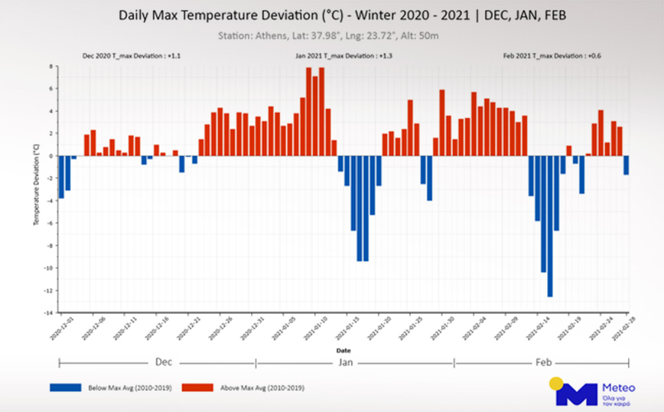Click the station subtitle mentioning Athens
(331, 35)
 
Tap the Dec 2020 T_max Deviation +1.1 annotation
(132, 56)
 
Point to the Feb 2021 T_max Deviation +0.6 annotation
(548, 56)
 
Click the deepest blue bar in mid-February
(549, 226)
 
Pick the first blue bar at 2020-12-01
(61, 177)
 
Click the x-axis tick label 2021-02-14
(537, 329)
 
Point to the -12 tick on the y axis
(49, 290)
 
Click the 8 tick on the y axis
(51, 67)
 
